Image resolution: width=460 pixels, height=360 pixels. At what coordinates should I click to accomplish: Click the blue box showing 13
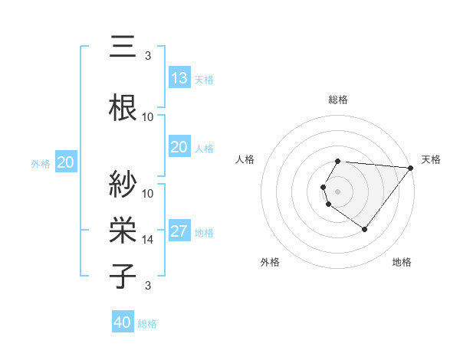179,78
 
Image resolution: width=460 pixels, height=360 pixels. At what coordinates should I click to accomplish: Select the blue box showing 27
179,231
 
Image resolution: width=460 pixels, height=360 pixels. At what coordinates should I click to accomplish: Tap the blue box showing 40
123,322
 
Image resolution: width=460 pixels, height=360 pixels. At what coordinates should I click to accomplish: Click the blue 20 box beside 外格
66,162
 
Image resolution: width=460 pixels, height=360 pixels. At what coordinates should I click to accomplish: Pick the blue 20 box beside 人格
179,147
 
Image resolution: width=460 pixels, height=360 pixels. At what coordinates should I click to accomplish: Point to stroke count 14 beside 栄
149,240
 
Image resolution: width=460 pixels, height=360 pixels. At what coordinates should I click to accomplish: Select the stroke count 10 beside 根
149,117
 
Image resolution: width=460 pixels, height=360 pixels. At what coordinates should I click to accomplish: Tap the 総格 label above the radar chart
338,100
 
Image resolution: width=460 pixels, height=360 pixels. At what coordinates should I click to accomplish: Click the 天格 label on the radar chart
432,159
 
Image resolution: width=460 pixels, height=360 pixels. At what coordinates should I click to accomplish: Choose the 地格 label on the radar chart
402,262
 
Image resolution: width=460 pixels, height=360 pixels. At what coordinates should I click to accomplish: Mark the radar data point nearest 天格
411,168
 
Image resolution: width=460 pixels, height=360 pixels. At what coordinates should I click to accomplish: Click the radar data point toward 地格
364,229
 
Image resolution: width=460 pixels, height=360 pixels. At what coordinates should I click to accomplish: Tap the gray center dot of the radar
338,191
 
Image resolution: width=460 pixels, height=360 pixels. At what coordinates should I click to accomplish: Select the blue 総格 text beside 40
147,324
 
